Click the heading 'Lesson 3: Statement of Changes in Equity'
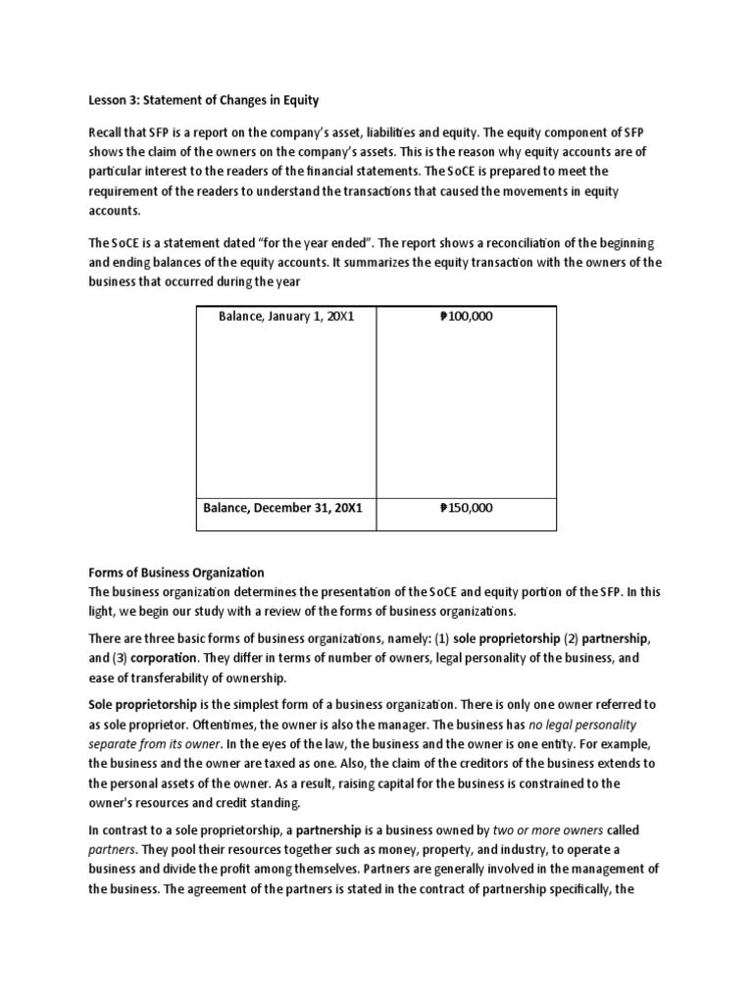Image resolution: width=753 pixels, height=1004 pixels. point(204,100)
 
